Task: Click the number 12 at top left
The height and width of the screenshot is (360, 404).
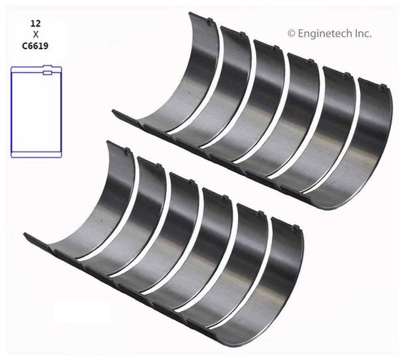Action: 35,24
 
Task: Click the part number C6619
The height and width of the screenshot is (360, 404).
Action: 35,46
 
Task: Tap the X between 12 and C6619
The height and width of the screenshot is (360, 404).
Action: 35,35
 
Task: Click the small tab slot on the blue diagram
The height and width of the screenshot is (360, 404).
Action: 47,73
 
